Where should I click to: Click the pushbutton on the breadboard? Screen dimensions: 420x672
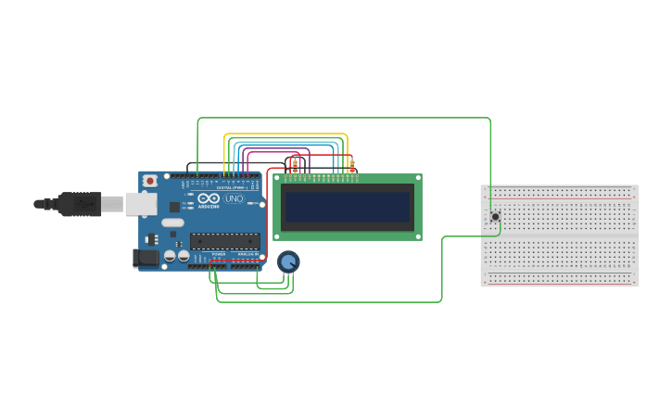[495, 217]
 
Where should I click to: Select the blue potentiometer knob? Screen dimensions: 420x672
[288, 262]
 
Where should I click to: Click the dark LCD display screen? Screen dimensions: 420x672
[348, 207]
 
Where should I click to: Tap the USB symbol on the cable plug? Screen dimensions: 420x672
[82, 204]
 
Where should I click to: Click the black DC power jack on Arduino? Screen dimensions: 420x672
[145, 258]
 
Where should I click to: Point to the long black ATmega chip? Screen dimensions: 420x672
[224, 241]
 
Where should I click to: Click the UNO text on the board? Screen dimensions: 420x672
[234, 198]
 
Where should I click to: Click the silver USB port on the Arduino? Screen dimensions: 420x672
[141, 204]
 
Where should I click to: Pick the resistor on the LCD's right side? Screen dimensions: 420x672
[351, 166]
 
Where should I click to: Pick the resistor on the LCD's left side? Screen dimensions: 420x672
[295, 166]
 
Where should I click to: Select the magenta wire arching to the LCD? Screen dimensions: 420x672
[278, 150]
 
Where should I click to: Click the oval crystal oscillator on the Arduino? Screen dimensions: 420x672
[172, 223]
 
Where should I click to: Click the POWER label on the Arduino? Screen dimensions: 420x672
[219, 253]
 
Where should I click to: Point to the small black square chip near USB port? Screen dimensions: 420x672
[174, 207]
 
